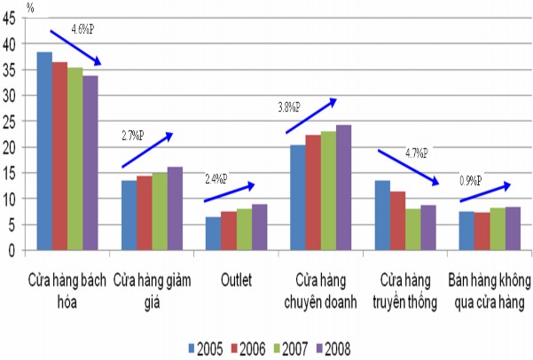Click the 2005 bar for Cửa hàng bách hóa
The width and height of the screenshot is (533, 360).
(44, 152)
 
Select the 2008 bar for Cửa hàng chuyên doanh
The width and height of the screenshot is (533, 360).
(343, 188)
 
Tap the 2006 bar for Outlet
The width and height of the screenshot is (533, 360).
(229, 231)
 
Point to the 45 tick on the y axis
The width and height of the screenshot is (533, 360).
(11, 20)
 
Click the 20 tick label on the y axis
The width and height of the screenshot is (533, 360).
(11, 147)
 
